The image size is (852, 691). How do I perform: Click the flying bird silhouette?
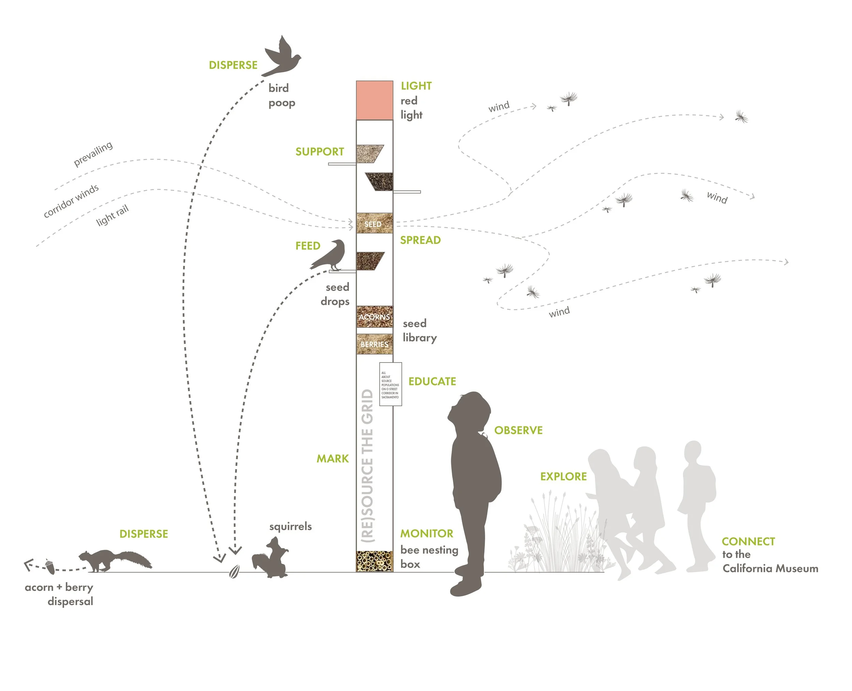[282, 58]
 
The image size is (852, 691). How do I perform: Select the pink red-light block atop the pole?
[374, 100]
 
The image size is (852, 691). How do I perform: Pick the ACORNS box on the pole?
[374, 317]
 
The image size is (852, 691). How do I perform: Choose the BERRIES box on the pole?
[374, 344]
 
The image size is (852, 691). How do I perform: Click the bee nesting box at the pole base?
[374, 561]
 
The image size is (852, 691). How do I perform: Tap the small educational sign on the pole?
[390, 384]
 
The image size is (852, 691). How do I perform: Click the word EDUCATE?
[432, 381]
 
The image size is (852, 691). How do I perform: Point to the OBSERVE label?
[518, 430]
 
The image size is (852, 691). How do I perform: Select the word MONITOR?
[426, 533]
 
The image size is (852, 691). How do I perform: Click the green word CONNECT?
[748, 541]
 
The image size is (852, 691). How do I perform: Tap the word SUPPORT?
[319, 152]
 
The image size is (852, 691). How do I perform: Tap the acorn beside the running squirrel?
[50, 567]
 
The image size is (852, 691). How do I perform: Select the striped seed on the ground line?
[234, 572]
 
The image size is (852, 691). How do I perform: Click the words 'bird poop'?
[281, 95]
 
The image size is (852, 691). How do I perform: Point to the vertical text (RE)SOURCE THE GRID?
[367, 466]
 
